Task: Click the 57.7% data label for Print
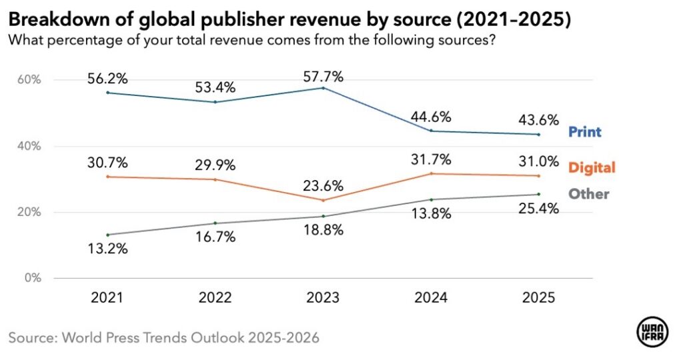point(323,76)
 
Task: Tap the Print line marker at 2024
point(431,131)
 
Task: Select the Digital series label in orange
point(592,167)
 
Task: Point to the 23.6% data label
point(323,184)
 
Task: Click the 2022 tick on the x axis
point(215,298)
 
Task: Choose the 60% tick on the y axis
point(29,80)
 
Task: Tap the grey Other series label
point(588,194)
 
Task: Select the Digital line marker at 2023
point(323,200)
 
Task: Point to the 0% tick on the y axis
point(32,278)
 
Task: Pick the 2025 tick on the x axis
point(538,298)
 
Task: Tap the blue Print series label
point(584,132)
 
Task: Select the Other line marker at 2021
point(107,235)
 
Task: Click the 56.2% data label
point(107,79)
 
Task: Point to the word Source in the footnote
point(32,337)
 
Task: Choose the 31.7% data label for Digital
point(431,159)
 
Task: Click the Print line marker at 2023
point(323,88)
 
